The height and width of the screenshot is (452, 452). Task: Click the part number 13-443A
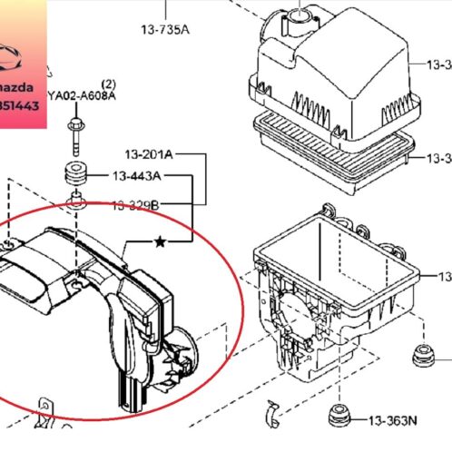point(137,176)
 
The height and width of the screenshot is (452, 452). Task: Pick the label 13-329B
point(135,206)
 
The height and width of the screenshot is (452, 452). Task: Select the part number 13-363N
point(393,420)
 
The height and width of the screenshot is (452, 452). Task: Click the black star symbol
point(161,241)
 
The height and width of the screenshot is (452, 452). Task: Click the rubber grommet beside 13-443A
point(75,175)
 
